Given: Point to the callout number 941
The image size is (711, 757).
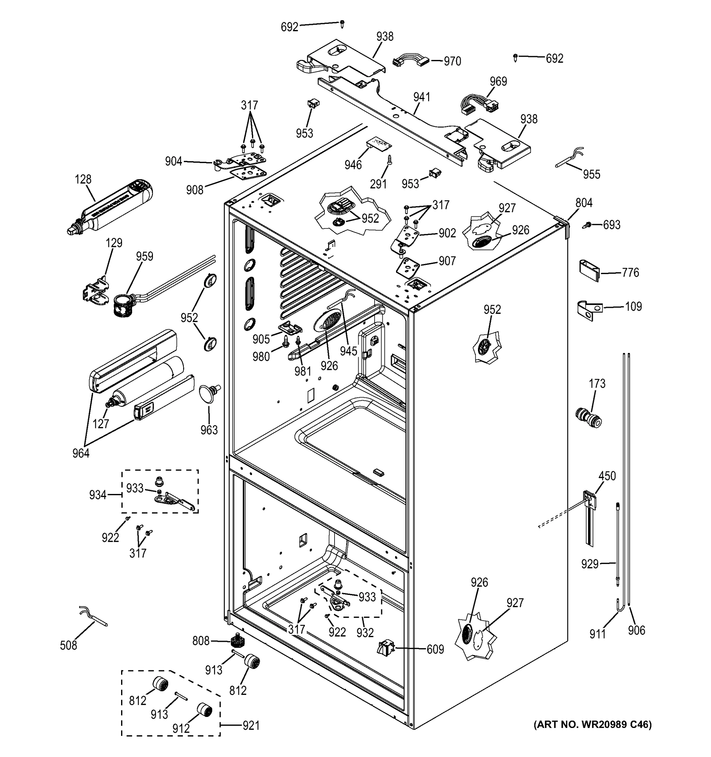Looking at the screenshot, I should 422,97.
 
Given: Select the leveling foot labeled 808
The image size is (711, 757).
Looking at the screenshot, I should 237,642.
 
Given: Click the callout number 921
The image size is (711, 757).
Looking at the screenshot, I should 251,725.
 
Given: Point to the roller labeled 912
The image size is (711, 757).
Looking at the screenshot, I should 204,710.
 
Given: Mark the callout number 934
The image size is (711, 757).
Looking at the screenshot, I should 97,495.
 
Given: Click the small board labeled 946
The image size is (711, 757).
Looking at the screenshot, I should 379,144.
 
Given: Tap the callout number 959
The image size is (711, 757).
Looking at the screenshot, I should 145,256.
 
